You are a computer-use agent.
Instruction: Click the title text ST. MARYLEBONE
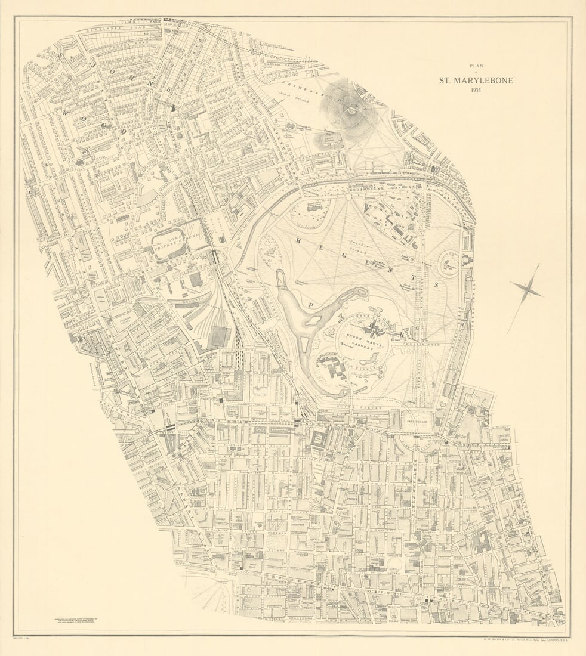pyautogui.click(x=476, y=80)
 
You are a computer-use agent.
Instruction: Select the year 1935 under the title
pyautogui.click(x=476, y=91)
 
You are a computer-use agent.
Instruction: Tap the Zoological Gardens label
pyautogui.click(x=391, y=218)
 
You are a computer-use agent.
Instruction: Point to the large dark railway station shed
pyautogui.click(x=218, y=337)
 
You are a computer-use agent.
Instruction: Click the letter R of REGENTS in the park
pyautogui.click(x=297, y=239)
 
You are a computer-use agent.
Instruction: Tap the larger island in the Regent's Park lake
pyautogui.click(x=313, y=320)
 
